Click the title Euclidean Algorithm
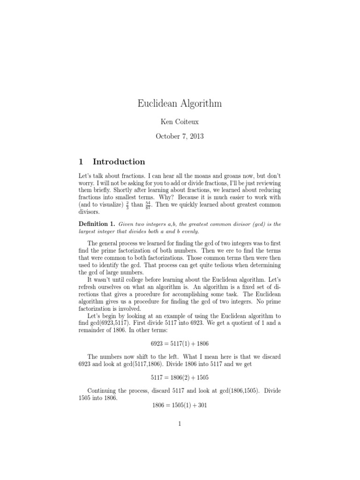tap(180, 104)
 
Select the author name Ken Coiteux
tap(180, 121)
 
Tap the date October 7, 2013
tap(180, 136)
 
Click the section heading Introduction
tap(119, 162)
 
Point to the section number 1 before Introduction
tap(81, 162)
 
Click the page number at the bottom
tap(180, 424)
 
